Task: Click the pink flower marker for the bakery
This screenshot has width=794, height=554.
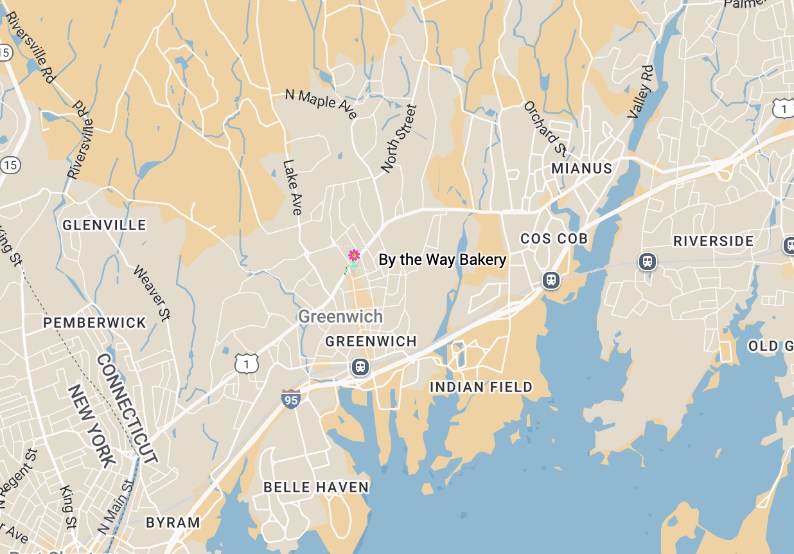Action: coord(353,256)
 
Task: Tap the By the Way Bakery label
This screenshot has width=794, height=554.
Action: coord(442,260)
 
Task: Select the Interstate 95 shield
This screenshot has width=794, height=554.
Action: coord(291,398)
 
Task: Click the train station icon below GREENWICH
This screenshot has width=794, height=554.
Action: coord(360,367)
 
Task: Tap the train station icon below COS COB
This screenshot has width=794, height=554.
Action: coord(550,280)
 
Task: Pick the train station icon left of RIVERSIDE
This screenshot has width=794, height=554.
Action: coord(648,261)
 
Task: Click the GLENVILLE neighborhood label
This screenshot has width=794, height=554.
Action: coord(104,225)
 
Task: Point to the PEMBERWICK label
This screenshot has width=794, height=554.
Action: coord(95,323)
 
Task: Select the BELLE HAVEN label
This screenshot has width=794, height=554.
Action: coord(316,487)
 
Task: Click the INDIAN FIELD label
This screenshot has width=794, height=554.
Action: coord(481,387)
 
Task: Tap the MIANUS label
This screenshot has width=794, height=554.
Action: coord(581,168)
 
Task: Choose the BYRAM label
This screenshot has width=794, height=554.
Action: coord(173,523)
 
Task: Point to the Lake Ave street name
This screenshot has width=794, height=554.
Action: coord(292,187)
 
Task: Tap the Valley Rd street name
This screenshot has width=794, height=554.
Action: coord(640,92)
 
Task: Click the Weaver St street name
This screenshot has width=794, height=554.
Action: coord(152,293)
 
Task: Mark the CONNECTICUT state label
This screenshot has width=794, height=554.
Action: coord(127,408)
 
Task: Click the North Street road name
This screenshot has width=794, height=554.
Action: coord(398,139)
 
